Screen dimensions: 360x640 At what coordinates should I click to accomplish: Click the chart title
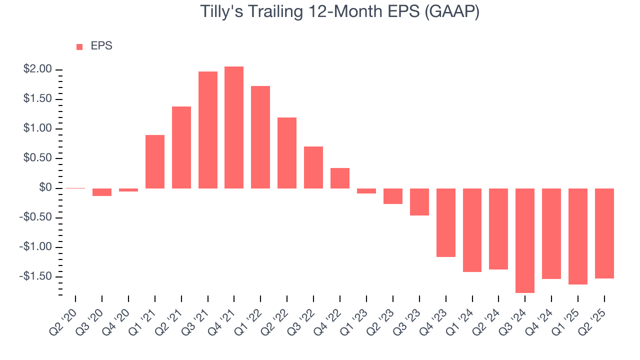[340, 12]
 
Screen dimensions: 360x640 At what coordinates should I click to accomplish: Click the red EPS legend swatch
[79, 47]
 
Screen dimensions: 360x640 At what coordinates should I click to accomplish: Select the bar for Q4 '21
[234, 127]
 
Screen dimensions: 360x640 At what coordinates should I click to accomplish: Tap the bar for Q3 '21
[207, 130]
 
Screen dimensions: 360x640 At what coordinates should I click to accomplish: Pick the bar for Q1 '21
[155, 161]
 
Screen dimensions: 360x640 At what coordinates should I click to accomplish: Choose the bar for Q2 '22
[287, 153]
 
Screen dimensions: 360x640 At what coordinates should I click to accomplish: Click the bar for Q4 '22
[340, 178]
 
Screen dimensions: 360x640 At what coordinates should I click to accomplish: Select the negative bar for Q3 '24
[525, 240]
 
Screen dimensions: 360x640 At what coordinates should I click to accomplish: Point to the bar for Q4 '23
[445, 222]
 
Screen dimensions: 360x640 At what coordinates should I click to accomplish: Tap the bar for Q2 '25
[604, 233]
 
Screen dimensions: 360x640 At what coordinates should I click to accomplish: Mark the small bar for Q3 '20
[102, 192]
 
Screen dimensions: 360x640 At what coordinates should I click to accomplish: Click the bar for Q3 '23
[419, 202]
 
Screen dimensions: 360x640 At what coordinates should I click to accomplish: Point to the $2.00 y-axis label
[38, 69]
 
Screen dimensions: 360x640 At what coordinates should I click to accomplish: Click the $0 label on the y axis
[45, 188]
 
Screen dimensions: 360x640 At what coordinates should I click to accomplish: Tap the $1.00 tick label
[38, 128]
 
